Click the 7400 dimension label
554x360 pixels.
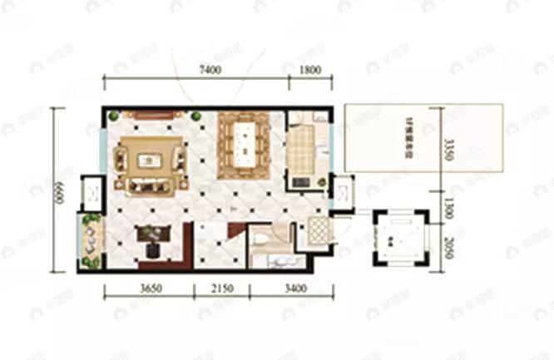[210, 70]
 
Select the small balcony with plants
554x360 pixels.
[89, 240]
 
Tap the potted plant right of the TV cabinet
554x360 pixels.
[195, 116]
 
